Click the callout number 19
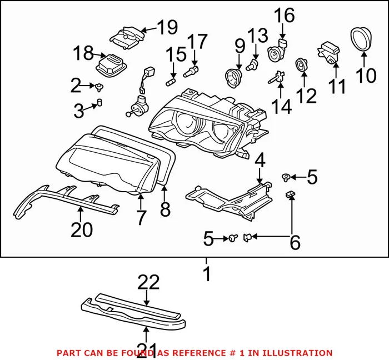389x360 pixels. (167, 26)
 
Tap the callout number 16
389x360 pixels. (285, 15)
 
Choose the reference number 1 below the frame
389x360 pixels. (206, 274)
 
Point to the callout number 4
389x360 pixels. (260, 161)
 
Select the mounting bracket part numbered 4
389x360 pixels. (233, 194)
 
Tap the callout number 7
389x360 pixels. (141, 217)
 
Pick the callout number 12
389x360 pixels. (306, 96)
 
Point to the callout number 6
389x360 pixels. (294, 242)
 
